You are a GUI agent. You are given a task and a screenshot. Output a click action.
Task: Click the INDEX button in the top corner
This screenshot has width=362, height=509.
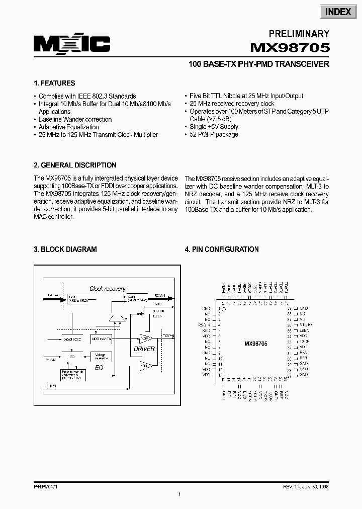338,12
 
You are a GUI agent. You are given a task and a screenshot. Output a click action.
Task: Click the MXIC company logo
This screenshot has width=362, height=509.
72,45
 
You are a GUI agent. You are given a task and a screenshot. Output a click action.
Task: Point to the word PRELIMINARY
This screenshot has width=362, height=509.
299,34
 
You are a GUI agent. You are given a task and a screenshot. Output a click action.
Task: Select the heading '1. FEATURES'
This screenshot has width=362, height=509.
54,83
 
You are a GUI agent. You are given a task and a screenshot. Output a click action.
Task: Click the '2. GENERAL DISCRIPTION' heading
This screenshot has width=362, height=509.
75,165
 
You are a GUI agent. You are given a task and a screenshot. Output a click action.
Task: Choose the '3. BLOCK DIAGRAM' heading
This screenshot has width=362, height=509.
65,249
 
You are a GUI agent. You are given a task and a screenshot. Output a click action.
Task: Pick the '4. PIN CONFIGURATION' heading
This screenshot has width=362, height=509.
222,249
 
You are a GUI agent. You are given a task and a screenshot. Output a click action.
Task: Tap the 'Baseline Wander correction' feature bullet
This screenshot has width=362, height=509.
75,120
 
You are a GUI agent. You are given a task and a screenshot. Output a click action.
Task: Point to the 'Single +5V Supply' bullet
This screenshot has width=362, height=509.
214,127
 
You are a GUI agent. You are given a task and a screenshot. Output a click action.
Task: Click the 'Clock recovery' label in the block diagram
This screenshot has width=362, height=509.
107,289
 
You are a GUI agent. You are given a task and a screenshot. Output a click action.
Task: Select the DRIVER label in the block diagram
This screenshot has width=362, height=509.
145,349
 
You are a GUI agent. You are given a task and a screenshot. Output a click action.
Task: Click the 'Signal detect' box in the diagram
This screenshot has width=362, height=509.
73,340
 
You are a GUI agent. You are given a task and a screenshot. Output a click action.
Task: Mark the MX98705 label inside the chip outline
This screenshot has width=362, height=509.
256,344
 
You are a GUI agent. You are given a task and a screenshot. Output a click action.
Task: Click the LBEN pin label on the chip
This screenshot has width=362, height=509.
304,330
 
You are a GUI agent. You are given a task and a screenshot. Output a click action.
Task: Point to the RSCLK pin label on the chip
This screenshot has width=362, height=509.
205,325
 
